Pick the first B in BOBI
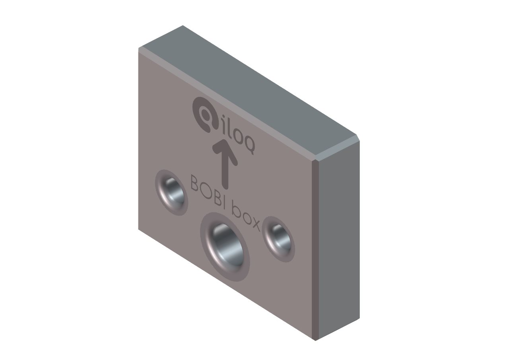195,183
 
